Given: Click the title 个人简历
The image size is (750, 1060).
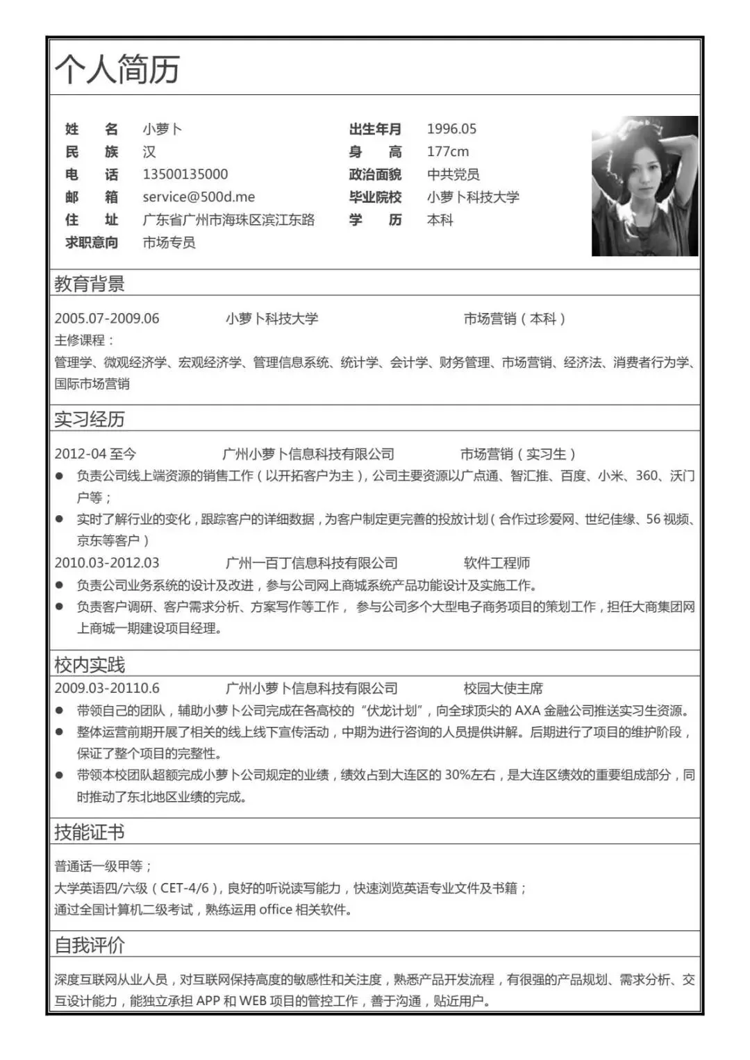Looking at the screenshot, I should click(x=117, y=69).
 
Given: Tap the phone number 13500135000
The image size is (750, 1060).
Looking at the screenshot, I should click(x=185, y=174).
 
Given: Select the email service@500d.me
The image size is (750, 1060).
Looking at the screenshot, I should click(x=199, y=197).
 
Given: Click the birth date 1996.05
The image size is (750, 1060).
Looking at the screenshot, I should click(x=451, y=129).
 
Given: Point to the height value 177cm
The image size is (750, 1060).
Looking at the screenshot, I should click(x=447, y=151).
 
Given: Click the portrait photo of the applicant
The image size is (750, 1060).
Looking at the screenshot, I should click(x=644, y=186).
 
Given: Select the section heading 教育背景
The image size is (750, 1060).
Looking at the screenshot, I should click(x=90, y=283).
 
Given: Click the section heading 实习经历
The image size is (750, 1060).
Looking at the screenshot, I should click(x=90, y=419).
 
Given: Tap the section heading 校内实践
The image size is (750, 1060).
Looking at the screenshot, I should click(x=90, y=664).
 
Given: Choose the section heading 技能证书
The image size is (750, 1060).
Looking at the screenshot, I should click(x=90, y=832).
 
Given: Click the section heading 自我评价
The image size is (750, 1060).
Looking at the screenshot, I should click(x=90, y=945).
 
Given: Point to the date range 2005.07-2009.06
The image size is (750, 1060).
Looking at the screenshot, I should click(x=107, y=319).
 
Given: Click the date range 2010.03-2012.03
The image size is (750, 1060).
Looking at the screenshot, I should click(x=107, y=563).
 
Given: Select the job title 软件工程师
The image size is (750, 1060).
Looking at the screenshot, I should click(x=497, y=563).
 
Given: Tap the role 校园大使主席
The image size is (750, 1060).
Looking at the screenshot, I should click(x=503, y=689).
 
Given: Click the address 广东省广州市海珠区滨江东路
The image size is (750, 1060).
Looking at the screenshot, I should click(x=228, y=220).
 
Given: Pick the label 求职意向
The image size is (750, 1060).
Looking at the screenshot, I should click(x=92, y=242).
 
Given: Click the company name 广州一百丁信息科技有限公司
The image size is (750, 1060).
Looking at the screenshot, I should click(x=311, y=563).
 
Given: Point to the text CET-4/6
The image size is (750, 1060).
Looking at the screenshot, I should click(x=185, y=888).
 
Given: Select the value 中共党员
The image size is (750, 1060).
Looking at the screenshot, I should click(x=453, y=174).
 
